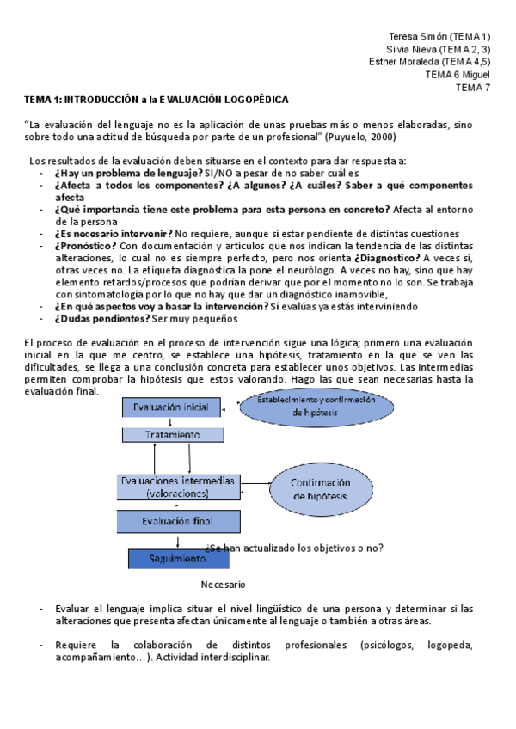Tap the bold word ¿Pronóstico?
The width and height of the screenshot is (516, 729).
pos(87,246)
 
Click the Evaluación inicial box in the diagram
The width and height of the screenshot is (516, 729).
pos(171,407)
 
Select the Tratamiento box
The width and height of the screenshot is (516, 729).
pos(171,434)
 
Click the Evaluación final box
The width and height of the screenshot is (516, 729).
pos(177,521)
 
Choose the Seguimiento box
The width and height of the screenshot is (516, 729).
pos(178,559)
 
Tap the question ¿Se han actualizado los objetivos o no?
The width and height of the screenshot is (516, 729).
pos(295,548)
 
